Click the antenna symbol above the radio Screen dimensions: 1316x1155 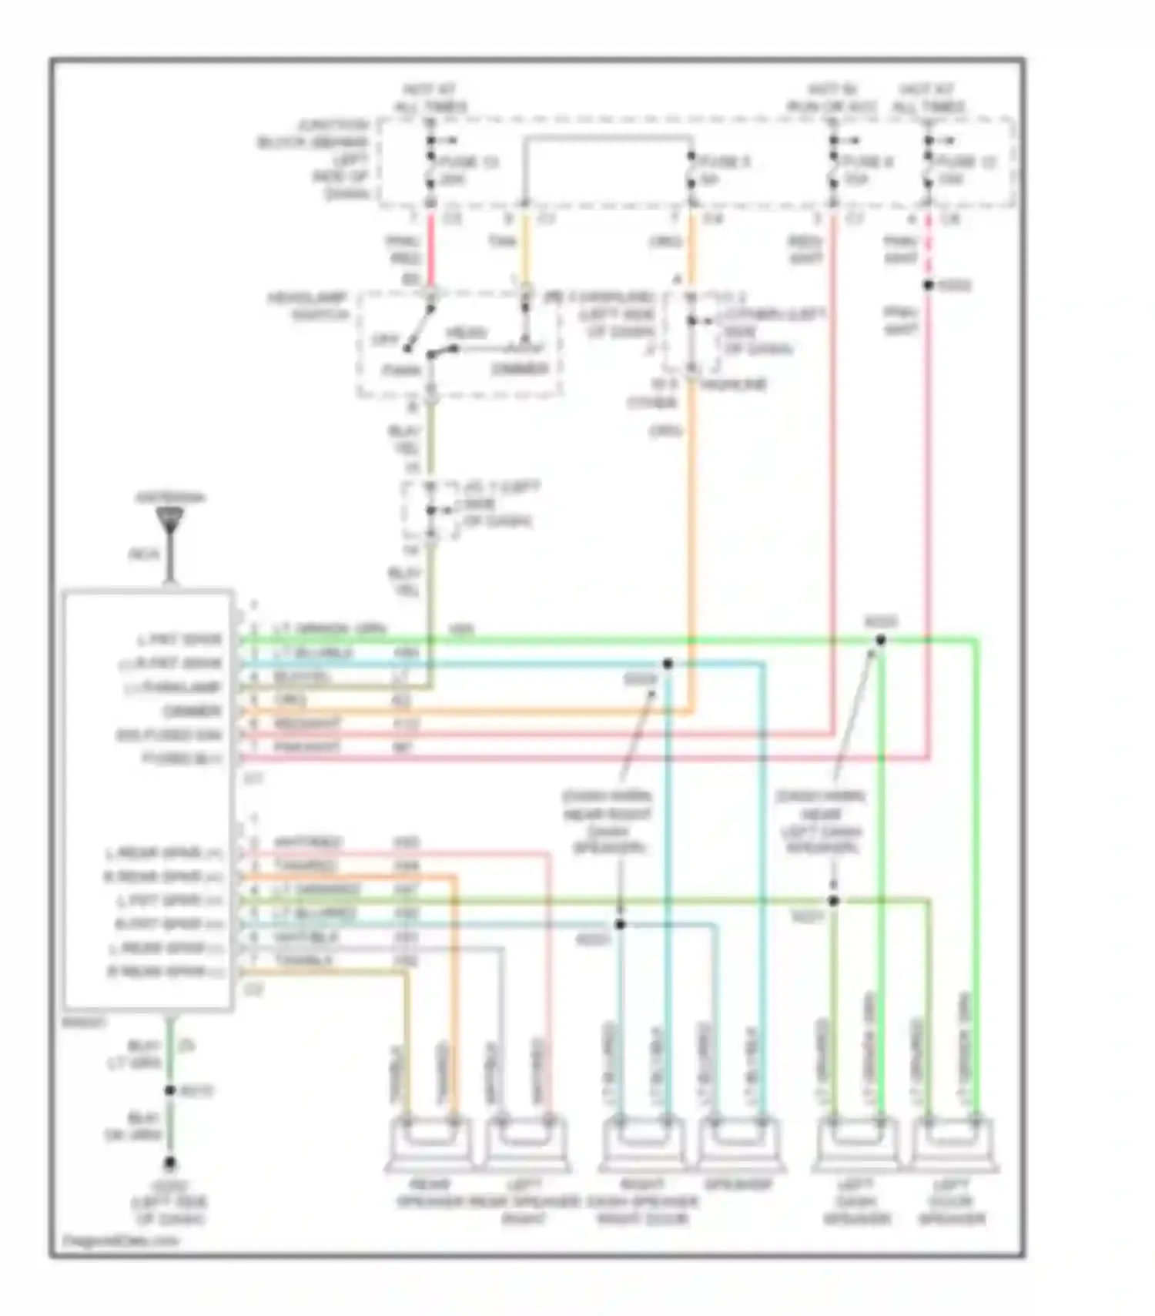click(169, 520)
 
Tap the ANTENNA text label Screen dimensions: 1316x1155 click(170, 498)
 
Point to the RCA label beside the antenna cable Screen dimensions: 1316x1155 click(143, 554)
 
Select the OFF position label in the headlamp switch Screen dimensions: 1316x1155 click(383, 340)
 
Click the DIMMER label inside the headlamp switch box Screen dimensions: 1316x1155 click(521, 369)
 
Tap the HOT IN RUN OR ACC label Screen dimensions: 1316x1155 click(832, 98)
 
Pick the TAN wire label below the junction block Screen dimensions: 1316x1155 click(501, 242)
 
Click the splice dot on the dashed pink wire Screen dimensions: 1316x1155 click(929, 286)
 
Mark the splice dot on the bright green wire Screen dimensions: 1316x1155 click(881, 640)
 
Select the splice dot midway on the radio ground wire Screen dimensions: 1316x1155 click(169, 1091)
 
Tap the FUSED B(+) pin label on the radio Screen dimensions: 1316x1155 click(182, 758)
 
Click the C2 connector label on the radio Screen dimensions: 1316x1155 click(253, 990)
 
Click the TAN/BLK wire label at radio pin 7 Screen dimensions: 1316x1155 click(303, 961)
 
